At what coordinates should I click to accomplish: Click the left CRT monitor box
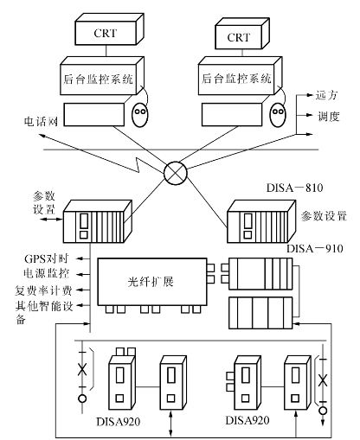pos(109,29)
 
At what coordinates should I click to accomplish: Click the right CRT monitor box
pos(242,34)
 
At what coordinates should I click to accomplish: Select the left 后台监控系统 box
pos(102,76)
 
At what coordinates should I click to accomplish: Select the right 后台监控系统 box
pos(240,76)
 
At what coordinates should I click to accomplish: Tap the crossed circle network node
pos(176,173)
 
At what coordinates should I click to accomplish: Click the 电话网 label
pos(41,121)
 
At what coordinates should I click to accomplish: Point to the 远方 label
pos(326,95)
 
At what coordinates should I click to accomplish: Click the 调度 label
pos(329,116)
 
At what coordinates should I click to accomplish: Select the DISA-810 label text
pos(294,188)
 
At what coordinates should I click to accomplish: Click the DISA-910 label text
pos(315,248)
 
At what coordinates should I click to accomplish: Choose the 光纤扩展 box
pos(152,282)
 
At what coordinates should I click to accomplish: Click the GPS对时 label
pos(46,258)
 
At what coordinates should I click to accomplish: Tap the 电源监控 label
pos(47,273)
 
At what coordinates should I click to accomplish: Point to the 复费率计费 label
pos(43,290)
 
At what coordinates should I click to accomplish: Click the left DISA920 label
pos(119,422)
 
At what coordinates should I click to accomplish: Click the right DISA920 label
pos(247,420)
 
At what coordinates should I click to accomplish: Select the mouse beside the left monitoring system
pos(140,114)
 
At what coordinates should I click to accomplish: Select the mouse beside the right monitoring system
pos(278,114)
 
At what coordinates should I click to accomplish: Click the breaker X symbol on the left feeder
pos(82,369)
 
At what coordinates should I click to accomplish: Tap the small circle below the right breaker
pos(323,411)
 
